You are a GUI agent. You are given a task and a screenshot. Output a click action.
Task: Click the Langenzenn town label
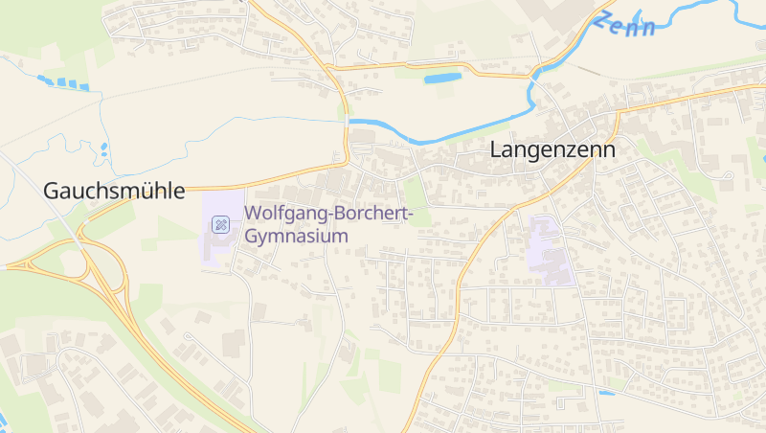pos(552,150)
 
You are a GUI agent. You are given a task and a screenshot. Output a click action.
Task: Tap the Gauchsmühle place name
pos(114,191)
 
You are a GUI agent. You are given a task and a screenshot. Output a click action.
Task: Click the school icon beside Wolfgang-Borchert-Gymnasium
pos(220,225)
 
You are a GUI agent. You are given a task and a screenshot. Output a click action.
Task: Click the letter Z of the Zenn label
pos(602,19)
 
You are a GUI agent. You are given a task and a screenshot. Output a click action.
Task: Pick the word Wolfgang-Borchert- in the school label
pos(328,214)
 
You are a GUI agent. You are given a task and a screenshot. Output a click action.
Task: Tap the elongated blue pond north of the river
pos(442,78)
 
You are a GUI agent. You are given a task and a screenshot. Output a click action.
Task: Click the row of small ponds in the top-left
pos(63,82)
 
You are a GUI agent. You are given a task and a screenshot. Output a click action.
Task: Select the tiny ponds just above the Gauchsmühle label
pos(102,149)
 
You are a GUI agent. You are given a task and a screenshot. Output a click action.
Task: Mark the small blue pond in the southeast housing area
pos(606,393)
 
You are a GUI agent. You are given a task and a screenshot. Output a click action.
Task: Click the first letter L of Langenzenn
pos(496,150)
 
